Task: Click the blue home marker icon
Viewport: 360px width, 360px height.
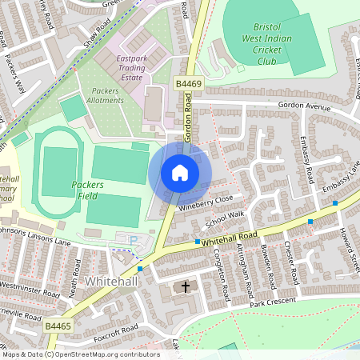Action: coord(180,173)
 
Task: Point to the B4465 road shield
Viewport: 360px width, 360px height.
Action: coord(58,326)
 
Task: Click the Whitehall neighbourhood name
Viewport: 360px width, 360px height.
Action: coord(111,282)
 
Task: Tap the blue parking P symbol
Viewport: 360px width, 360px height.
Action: coord(133,239)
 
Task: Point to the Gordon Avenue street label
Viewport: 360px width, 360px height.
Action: coord(304,106)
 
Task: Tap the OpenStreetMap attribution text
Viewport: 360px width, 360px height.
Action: coord(80,354)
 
